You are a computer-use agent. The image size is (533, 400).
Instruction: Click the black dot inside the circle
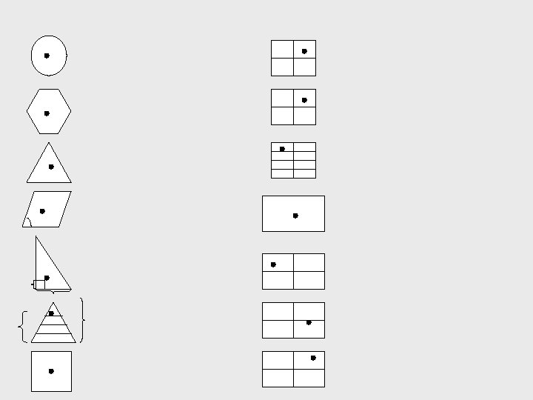coord(47,56)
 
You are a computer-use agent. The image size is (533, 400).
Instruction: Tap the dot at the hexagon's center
coord(47,113)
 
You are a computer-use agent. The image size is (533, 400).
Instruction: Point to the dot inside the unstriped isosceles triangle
coord(51,167)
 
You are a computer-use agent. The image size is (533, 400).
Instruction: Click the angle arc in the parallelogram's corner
coord(28,221)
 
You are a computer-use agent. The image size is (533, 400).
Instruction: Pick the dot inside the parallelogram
coord(42,211)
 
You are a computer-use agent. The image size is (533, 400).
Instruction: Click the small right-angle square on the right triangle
coord(40,284)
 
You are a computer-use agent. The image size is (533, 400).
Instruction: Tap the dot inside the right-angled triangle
coord(47,278)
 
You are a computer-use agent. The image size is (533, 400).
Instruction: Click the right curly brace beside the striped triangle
coord(81,320)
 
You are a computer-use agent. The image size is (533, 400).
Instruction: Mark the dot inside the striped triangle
coord(51,313)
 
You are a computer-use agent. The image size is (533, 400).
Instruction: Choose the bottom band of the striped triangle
coord(53,338)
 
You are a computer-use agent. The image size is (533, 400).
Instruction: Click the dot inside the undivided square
coord(51,371)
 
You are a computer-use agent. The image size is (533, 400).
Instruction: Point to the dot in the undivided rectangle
coord(295,216)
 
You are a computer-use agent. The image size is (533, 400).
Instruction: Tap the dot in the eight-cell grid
coord(282,149)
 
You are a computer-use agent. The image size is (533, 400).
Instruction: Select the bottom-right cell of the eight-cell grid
coord(304,174)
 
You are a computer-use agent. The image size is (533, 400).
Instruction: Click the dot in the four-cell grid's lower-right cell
coord(309,322)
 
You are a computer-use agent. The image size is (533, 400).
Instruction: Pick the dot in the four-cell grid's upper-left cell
coord(273,264)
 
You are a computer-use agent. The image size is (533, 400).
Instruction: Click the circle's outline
coord(67,56)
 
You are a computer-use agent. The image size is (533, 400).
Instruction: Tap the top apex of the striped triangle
coord(53,302)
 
